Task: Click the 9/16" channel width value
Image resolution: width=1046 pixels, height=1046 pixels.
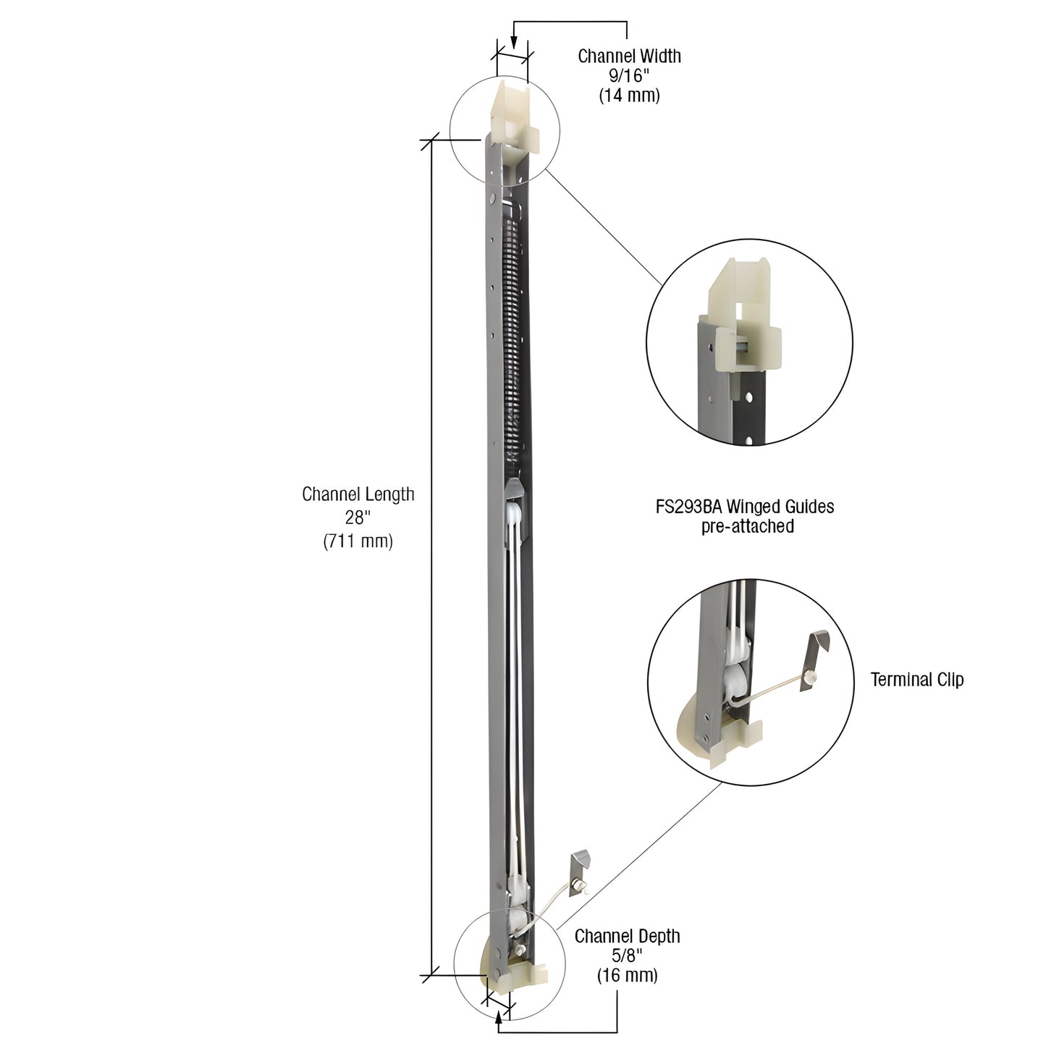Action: tap(629, 75)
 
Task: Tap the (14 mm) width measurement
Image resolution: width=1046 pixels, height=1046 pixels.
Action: tap(629, 95)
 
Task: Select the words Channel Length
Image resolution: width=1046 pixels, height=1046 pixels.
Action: tap(358, 494)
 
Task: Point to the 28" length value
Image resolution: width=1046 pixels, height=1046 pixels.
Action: tap(358, 518)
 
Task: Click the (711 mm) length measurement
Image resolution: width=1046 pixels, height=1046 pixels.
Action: tap(358, 541)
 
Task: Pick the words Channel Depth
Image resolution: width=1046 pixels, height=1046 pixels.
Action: tap(627, 936)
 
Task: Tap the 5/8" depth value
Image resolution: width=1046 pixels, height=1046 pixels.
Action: tap(627, 956)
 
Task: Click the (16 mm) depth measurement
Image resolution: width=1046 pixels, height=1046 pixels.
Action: tap(627, 975)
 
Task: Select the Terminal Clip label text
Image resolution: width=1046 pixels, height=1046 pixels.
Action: tap(916, 679)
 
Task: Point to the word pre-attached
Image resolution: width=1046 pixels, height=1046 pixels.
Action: tap(747, 526)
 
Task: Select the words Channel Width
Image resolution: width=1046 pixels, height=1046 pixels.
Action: tap(629, 56)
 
